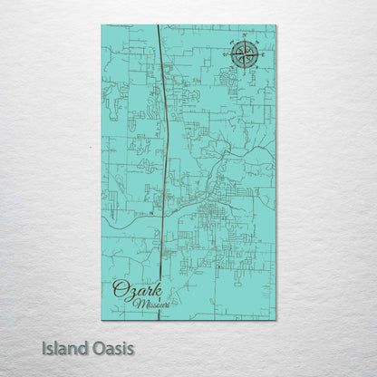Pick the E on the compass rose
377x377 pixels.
pos(262,54)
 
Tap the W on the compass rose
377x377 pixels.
pos(224,54)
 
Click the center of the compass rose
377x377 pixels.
pos(243,54)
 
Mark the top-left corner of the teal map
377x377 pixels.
pos(102,25)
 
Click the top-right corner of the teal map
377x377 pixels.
pos(275,25)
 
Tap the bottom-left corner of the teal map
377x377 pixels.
pos(102,319)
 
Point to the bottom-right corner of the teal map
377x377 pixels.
pos(275,319)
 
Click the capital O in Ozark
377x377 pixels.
pos(119,289)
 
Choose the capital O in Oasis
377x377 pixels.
pos(95,348)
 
